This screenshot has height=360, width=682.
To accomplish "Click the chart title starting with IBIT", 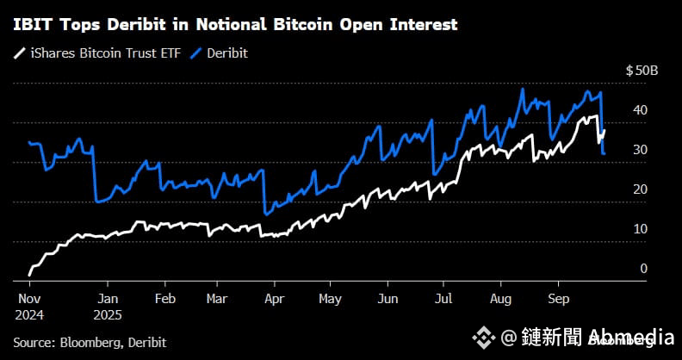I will tap(235, 25).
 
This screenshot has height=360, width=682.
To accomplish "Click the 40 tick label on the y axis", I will tap(640, 109).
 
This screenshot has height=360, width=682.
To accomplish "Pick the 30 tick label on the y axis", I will tap(640, 149).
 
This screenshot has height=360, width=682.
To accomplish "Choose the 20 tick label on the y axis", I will tap(640, 189).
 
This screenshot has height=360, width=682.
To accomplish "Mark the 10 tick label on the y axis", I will tap(640, 228).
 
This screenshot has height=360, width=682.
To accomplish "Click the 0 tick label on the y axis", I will tap(643, 268).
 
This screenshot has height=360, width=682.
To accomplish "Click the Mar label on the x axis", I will tap(218, 299).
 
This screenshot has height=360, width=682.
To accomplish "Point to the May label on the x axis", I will tap(330, 299).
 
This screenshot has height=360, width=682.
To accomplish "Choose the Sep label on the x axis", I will tap(556, 299).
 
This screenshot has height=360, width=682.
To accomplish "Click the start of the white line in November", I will tap(30, 274).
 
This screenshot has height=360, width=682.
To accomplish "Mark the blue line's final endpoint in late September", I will tap(604, 153).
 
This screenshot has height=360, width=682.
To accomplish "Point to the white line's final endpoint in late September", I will tap(605, 130).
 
